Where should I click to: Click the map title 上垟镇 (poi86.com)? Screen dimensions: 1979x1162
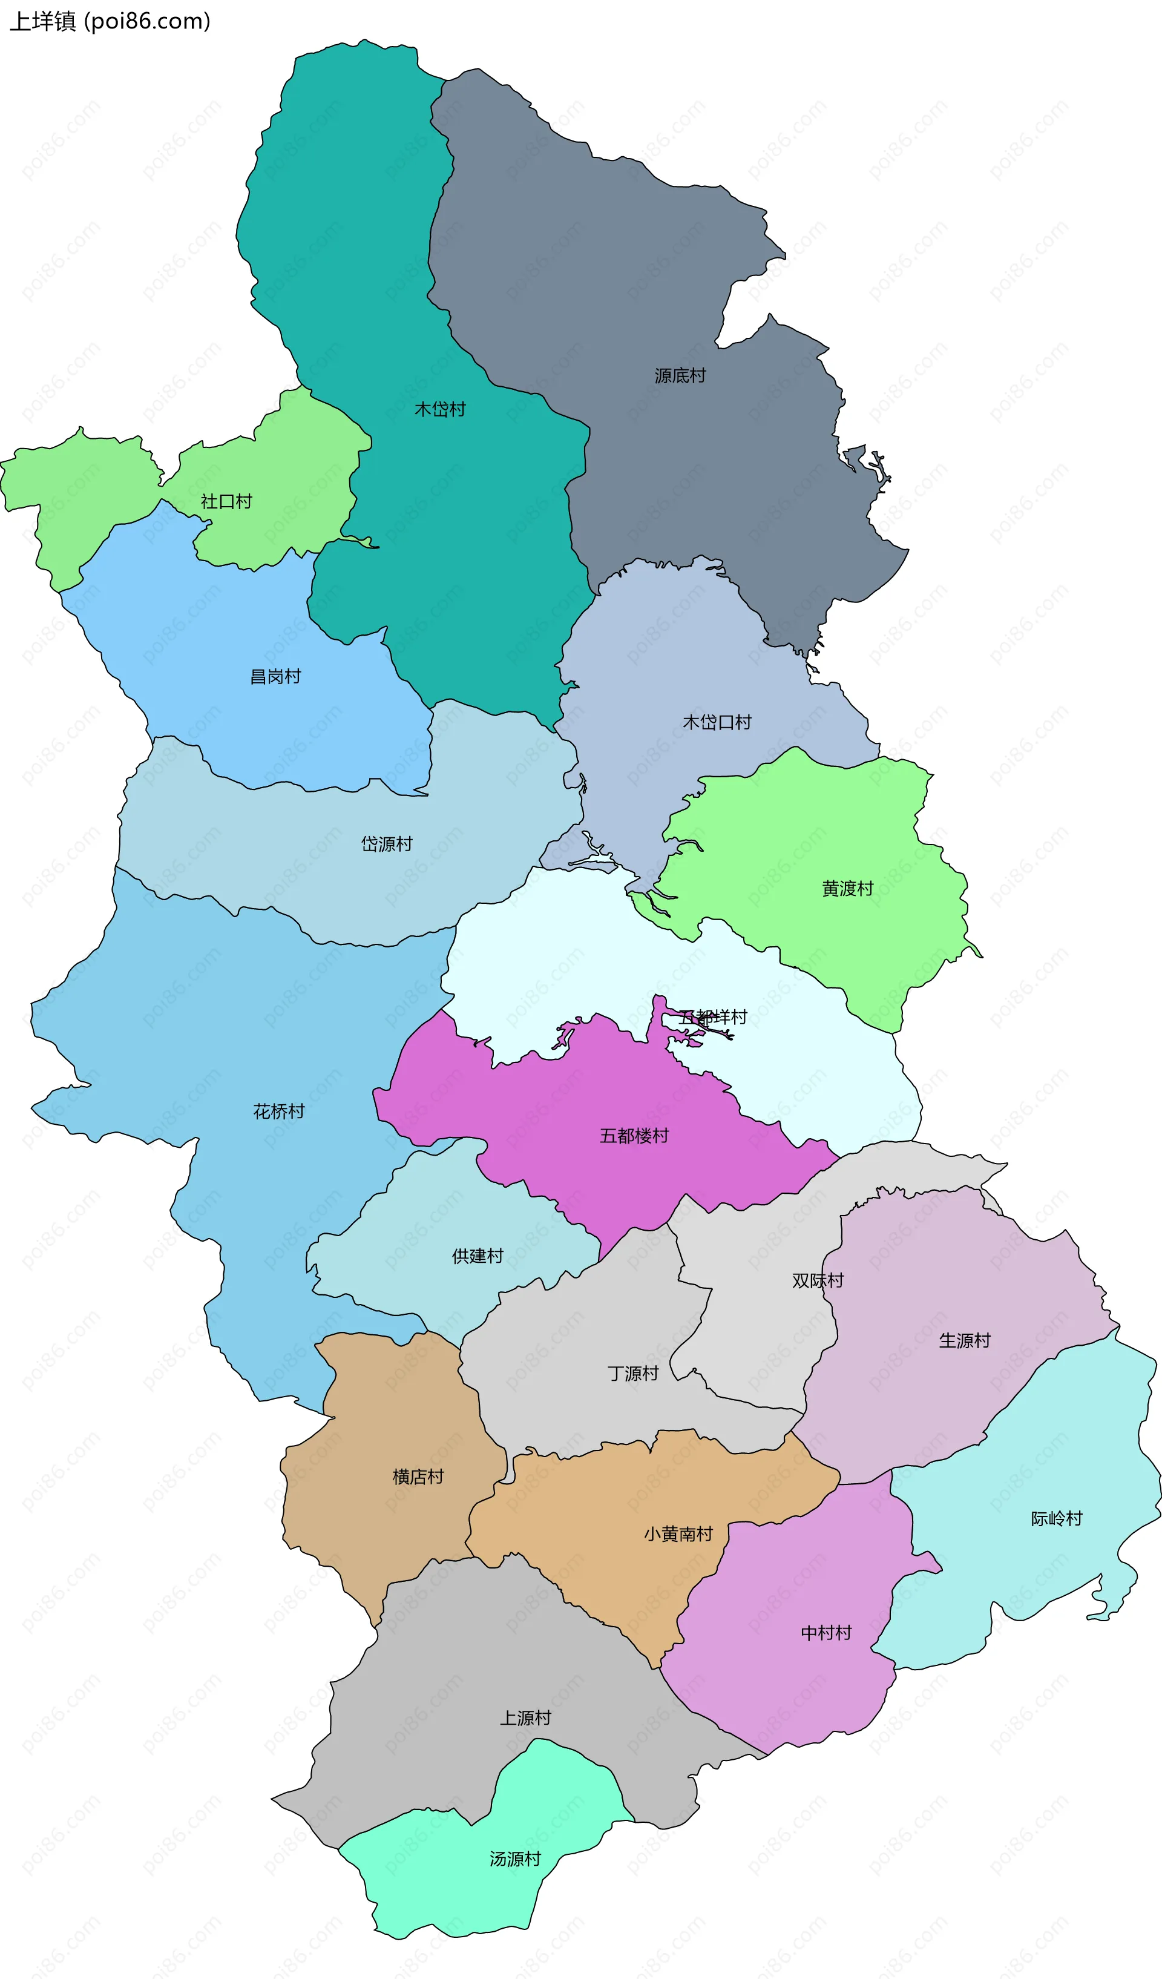click(x=110, y=21)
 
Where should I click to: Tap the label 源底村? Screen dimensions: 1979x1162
click(x=680, y=376)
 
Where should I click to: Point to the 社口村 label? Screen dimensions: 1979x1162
click(x=226, y=502)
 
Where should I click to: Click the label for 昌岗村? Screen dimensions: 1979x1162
click(x=275, y=677)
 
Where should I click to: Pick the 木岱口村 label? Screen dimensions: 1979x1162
click(x=717, y=722)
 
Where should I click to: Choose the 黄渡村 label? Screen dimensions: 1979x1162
click(x=847, y=889)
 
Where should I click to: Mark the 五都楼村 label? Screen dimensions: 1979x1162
click(x=634, y=1136)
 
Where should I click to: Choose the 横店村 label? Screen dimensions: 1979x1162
click(x=418, y=1477)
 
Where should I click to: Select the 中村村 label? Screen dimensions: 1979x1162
click(x=826, y=1633)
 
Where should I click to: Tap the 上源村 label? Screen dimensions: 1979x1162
click(x=525, y=1718)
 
